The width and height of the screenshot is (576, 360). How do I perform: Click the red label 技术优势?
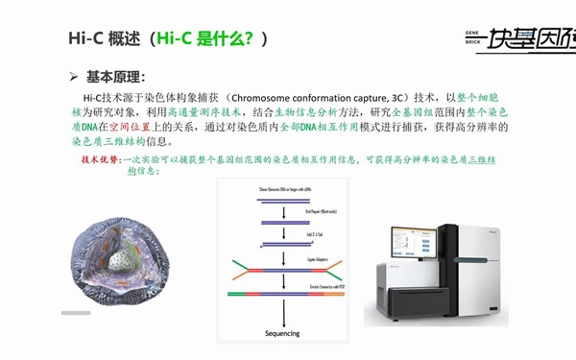click(x=102, y=159)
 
